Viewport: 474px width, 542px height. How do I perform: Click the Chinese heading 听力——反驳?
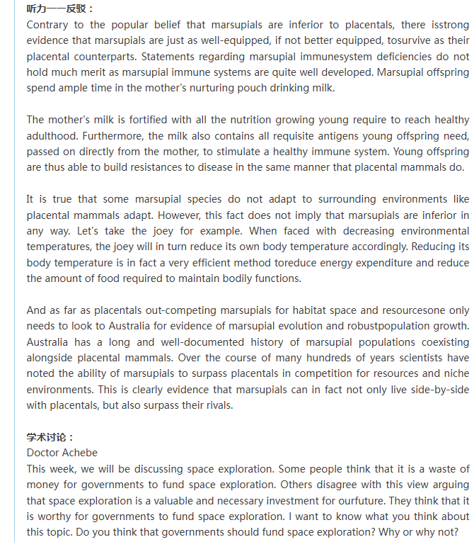[61, 9]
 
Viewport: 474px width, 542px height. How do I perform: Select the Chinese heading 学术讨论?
[50, 436]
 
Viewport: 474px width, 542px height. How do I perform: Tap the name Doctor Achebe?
[62, 452]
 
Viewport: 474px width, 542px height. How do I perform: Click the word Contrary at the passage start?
[48, 25]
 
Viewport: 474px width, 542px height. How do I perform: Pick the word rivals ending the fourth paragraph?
[212, 405]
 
